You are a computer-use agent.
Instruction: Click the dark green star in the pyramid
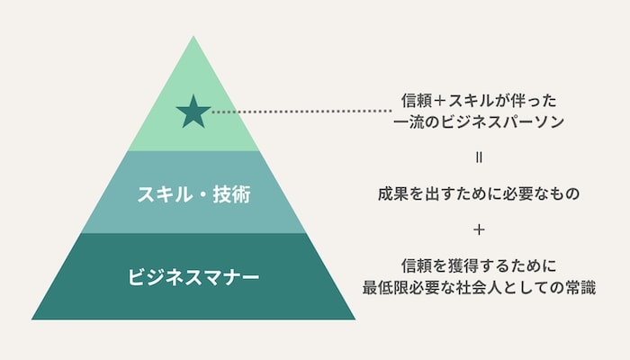(x=193, y=112)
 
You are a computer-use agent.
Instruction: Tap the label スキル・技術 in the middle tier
(x=194, y=194)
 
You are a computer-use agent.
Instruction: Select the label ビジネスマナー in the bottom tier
(x=193, y=277)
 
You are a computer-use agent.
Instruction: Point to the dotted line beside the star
(x=301, y=112)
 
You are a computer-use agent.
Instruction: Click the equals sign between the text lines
(x=479, y=157)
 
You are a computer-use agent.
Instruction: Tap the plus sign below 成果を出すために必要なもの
(x=479, y=229)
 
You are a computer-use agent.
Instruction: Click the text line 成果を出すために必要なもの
(x=479, y=193)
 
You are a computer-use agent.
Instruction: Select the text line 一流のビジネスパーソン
(x=479, y=121)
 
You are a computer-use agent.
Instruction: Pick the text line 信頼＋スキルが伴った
(x=479, y=101)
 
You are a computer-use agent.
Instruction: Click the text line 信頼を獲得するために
(x=479, y=266)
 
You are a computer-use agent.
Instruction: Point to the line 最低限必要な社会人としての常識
(x=479, y=288)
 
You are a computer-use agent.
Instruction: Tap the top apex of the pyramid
(x=193, y=36)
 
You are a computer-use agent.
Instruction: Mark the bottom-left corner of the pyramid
(x=31, y=319)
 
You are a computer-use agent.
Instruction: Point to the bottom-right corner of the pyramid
(x=355, y=319)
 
